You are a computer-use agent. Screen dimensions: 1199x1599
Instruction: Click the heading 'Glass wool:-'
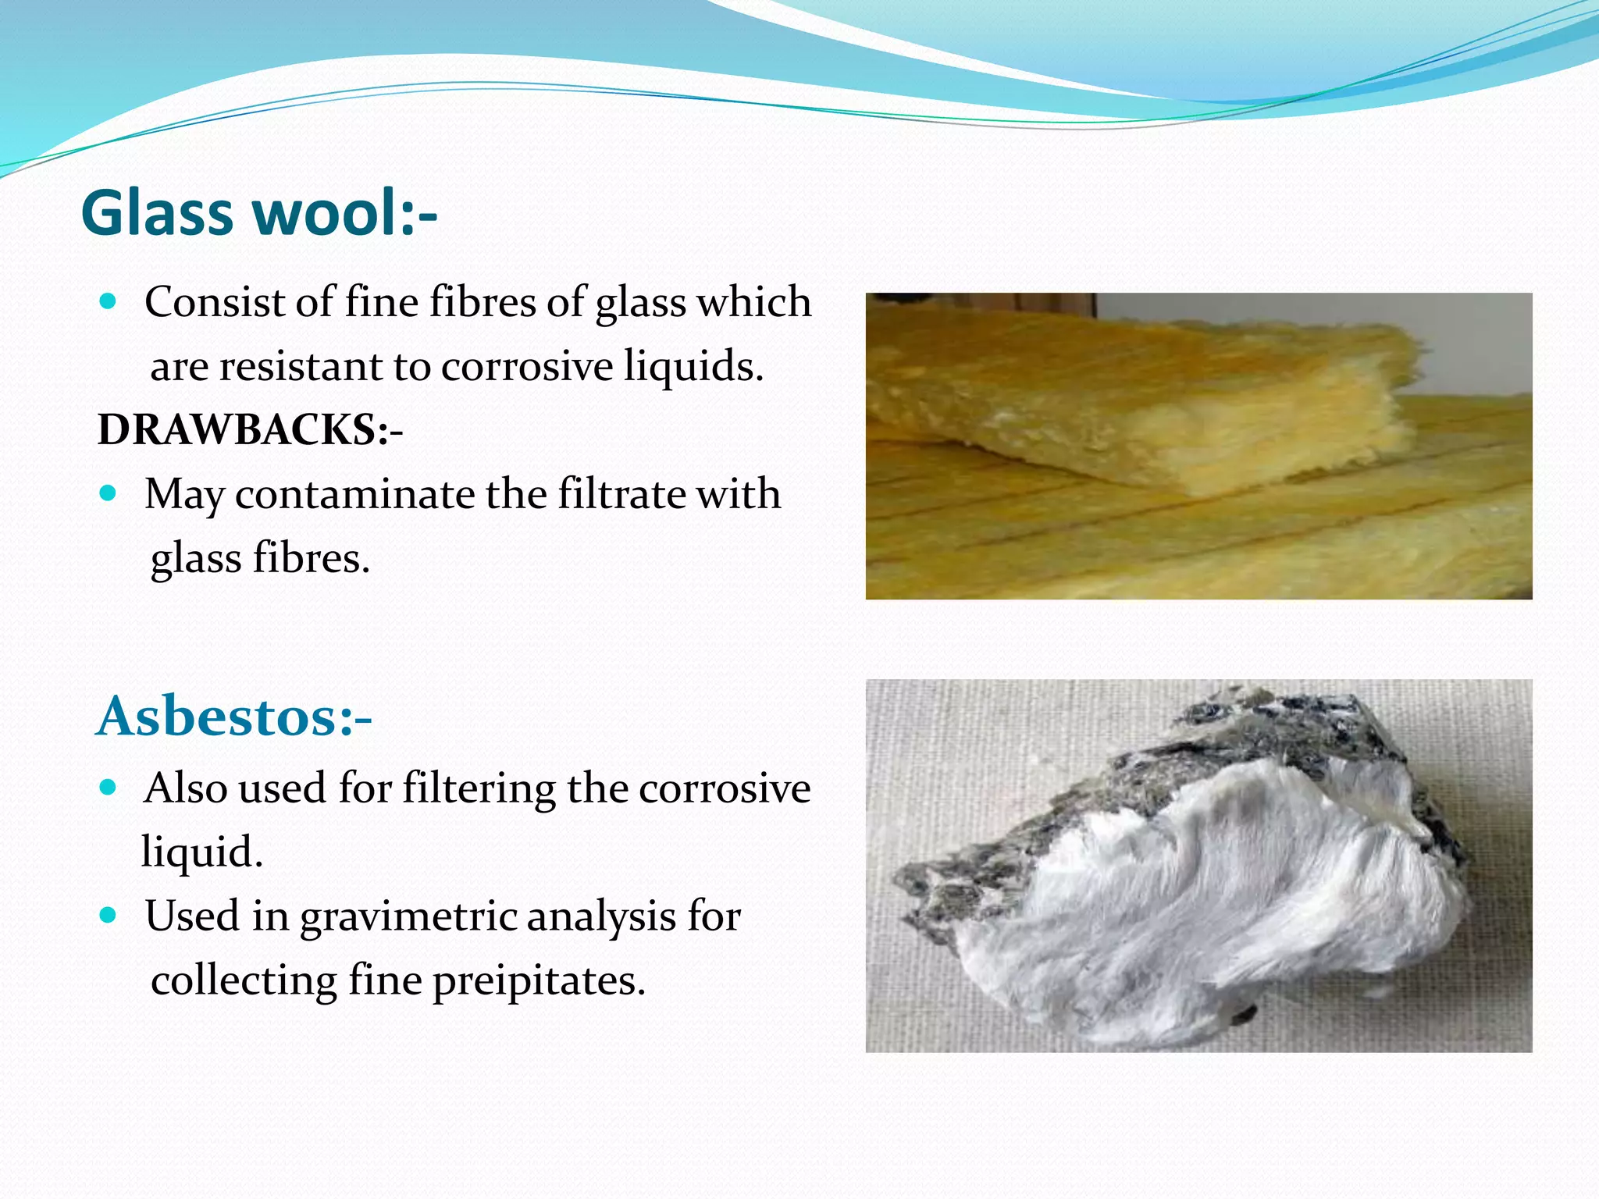[x=259, y=213]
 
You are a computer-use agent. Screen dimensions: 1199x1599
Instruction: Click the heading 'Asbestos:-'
[x=233, y=716]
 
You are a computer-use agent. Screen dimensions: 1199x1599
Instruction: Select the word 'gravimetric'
[x=408, y=916]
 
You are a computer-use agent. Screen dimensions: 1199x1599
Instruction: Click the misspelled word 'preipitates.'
[x=539, y=981]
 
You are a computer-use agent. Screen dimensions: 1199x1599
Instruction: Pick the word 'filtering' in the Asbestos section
[x=479, y=788]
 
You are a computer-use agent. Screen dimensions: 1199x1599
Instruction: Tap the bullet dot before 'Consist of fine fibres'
[x=109, y=301]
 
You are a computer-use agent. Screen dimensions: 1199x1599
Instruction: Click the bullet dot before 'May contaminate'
[x=109, y=493]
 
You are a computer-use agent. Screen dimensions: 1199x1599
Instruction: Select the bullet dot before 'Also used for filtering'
[x=109, y=788]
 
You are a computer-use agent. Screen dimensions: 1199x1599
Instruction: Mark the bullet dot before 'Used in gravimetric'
[x=109, y=915]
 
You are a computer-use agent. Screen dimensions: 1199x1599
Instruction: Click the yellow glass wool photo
[x=1198, y=446]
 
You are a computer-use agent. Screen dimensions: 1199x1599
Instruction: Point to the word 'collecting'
[x=244, y=981]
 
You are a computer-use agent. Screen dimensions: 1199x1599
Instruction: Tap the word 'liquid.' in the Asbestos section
[x=202, y=852]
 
